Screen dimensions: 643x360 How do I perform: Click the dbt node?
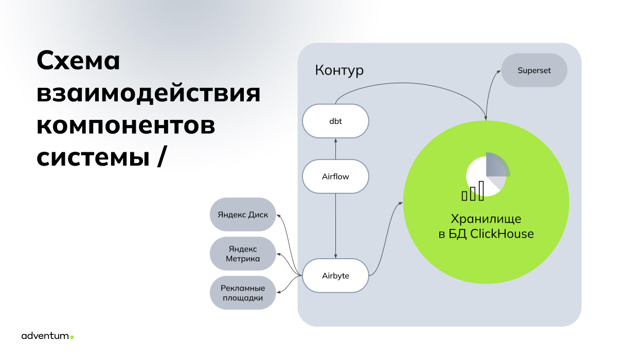pyautogui.click(x=335, y=121)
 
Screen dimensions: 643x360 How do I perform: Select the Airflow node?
pyautogui.click(x=335, y=176)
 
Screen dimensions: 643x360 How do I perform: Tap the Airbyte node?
pyautogui.click(x=335, y=276)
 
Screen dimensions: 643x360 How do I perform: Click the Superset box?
pyautogui.click(x=534, y=70)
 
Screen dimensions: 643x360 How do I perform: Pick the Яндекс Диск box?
pyautogui.click(x=243, y=214)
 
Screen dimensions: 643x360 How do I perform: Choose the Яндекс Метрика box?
pyautogui.click(x=243, y=254)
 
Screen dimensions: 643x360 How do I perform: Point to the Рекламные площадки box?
pyautogui.click(x=243, y=293)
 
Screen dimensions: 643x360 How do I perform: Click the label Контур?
pyautogui.click(x=339, y=70)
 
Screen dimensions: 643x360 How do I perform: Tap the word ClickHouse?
pyautogui.click(x=502, y=233)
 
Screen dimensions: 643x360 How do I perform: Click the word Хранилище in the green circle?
pyautogui.click(x=486, y=219)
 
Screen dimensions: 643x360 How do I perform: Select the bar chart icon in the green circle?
pyautogui.click(x=473, y=191)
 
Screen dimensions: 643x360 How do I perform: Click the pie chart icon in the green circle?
pyautogui.click(x=488, y=174)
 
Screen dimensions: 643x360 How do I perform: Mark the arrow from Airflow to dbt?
pyautogui.click(x=335, y=149)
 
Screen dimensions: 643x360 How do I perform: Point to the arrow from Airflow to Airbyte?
pyautogui.click(x=335, y=226)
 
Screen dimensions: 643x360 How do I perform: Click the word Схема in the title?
pyautogui.click(x=78, y=61)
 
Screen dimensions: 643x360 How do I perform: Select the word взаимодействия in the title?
pyautogui.click(x=149, y=94)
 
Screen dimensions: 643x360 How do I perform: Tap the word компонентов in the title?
pyautogui.click(x=126, y=125)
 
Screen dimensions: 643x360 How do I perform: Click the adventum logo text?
pyautogui.click(x=45, y=336)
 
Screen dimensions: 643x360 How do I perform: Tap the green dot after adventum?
pyautogui.click(x=72, y=337)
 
